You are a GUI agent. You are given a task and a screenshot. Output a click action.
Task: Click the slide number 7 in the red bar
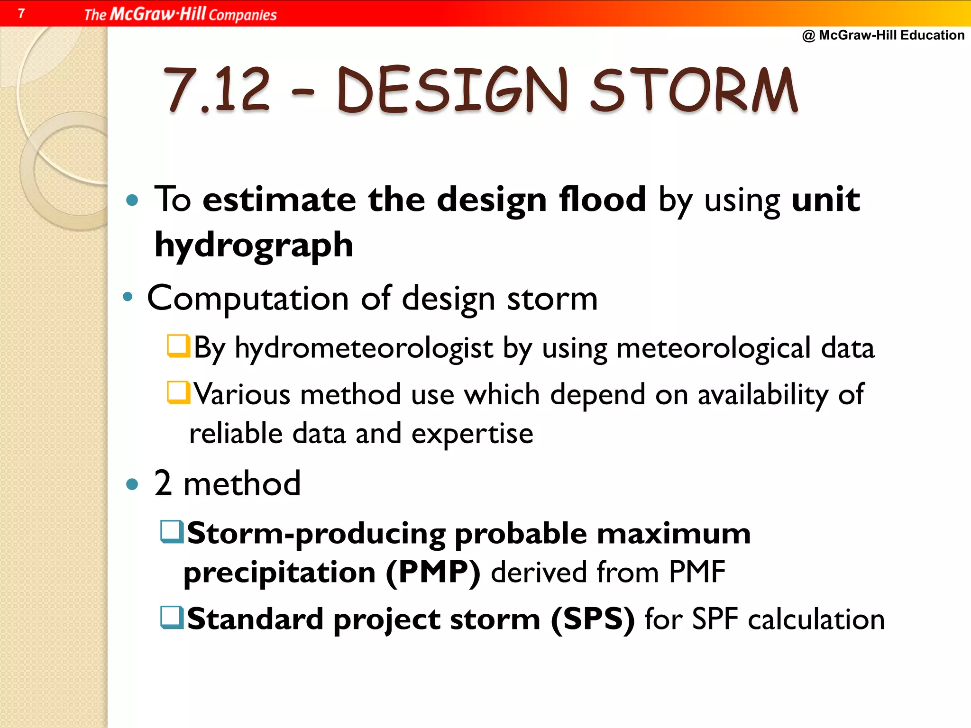[x=21, y=13]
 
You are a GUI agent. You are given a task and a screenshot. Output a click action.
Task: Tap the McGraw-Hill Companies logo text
[x=180, y=14]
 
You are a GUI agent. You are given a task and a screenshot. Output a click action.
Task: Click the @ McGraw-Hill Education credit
[x=883, y=35]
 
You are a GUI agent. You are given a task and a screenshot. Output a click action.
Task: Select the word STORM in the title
[x=695, y=90]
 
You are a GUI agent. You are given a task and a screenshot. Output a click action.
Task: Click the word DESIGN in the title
[x=453, y=90]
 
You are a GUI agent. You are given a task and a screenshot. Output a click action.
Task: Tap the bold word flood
[x=602, y=199]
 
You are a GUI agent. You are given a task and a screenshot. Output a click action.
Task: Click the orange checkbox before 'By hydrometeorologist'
[x=179, y=346]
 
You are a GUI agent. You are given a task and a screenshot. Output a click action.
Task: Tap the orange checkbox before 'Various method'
[x=179, y=393]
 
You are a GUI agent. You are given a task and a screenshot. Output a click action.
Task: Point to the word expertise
[x=472, y=434]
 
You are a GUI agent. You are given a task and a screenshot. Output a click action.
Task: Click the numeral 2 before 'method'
[x=163, y=483]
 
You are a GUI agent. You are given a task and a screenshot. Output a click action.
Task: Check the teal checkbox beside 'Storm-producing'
[x=172, y=532]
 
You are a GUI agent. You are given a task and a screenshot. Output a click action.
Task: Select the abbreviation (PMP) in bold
[x=433, y=572]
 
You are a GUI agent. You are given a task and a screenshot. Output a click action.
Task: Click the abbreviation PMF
[x=697, y=572]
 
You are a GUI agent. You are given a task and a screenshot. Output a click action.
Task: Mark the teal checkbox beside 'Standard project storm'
[x=172, y=618]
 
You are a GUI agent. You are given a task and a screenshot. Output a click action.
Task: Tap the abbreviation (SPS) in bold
[x=592, y=619]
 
